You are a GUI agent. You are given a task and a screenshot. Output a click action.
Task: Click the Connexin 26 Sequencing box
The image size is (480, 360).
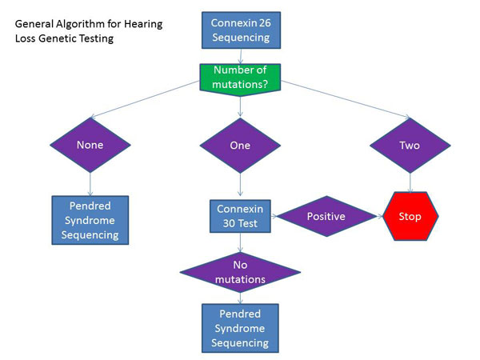pos(241,30)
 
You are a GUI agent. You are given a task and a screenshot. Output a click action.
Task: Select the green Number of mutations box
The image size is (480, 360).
pos(240,79)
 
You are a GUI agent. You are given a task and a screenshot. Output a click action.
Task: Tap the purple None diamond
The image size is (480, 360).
pos(90,145)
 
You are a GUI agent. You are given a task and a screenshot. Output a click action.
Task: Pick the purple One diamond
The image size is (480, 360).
pos(240,146)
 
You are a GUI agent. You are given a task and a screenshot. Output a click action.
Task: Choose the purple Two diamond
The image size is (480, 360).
pos(410,146)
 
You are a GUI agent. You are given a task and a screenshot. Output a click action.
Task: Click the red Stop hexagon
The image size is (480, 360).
pos(410,216)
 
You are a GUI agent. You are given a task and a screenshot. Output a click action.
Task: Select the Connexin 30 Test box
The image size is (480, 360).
pos(240,216)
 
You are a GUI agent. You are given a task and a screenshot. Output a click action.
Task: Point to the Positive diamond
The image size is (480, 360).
pos(326,216)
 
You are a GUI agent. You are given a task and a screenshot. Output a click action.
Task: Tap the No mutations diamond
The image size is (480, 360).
pos(240,272)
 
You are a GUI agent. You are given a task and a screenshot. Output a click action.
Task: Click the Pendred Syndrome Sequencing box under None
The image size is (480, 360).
pos(90,220)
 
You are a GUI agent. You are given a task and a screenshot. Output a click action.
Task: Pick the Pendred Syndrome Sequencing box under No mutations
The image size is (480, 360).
pos(240,328)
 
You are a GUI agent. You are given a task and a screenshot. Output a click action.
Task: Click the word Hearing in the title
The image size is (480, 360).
pos(143,24)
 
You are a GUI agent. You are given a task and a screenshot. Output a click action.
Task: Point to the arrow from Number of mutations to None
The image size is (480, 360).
pos(146,99)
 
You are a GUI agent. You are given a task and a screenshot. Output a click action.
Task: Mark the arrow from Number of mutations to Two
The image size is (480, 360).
pos(346,99)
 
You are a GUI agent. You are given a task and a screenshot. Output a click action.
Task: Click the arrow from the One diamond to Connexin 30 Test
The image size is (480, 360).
pos(240,185)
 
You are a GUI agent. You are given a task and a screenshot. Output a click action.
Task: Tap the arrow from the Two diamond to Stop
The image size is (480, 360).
pos(410,182)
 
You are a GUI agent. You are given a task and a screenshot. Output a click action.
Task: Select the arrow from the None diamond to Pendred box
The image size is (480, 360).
pos(90,184)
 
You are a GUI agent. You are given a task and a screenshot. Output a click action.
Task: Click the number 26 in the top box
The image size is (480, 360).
pos(265,23)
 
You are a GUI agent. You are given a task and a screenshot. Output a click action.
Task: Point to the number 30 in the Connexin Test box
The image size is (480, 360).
pos(229,223)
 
